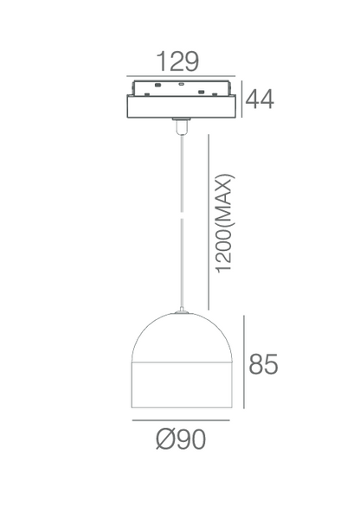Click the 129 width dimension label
pos(177,61)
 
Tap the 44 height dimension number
pos(260,99)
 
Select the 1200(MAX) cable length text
pos(225,223)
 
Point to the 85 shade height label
pos(263,364)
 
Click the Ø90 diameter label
pos(181,439)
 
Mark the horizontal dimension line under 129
pos(181,76)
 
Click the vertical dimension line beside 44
pos(241,99)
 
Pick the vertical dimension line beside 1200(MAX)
pos(209,221)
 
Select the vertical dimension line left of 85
pos(244,362)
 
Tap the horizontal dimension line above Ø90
pos(181,420)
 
